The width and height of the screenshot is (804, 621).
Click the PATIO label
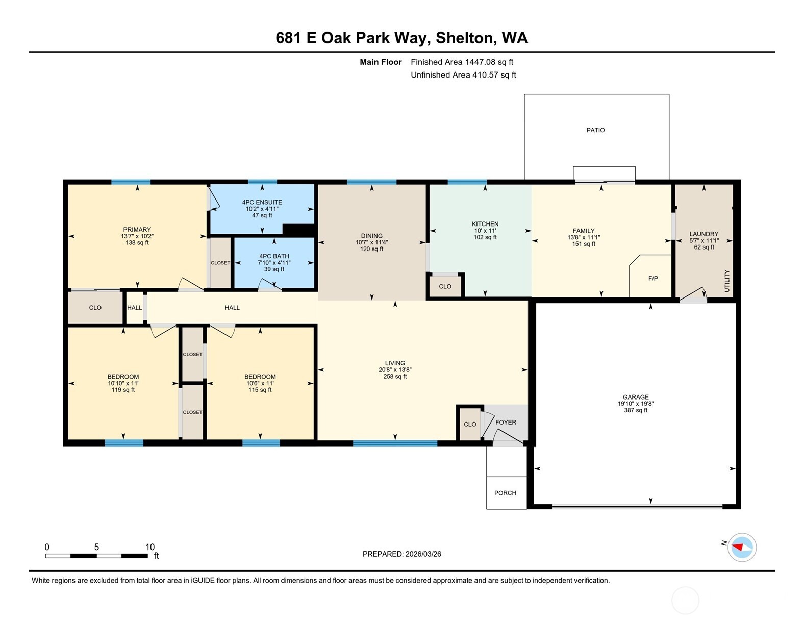[x=595, y=130]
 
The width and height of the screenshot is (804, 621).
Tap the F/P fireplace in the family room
[x=652, y=278]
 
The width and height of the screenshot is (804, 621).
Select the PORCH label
[x=505, y=493]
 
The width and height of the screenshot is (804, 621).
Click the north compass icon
[x=742, y=548]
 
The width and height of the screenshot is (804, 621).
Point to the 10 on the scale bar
[x=149, y=547]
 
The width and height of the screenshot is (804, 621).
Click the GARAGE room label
[x=635, y=397]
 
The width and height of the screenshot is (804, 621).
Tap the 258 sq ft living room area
[x=395, y=377]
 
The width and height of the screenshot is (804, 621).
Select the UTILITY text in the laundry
[x=727, y=281]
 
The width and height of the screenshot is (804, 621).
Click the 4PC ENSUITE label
[x=262, y=202]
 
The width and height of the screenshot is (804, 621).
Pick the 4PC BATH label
[x=274, y=256]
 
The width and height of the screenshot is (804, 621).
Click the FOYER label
[x=506, y=422]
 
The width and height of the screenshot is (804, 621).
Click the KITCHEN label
[x=485, y=224]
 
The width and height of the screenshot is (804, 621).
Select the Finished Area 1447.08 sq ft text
[x=462, y=62]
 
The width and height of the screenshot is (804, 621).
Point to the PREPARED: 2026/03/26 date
[x=401, y=554]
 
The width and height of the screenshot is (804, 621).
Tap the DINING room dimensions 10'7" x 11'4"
[x=371, y=242]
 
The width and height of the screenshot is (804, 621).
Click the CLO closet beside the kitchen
[x=445, y=286]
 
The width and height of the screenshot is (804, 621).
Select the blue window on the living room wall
[x=395, y=443]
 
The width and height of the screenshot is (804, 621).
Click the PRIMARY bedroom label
[x=137, y=230]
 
